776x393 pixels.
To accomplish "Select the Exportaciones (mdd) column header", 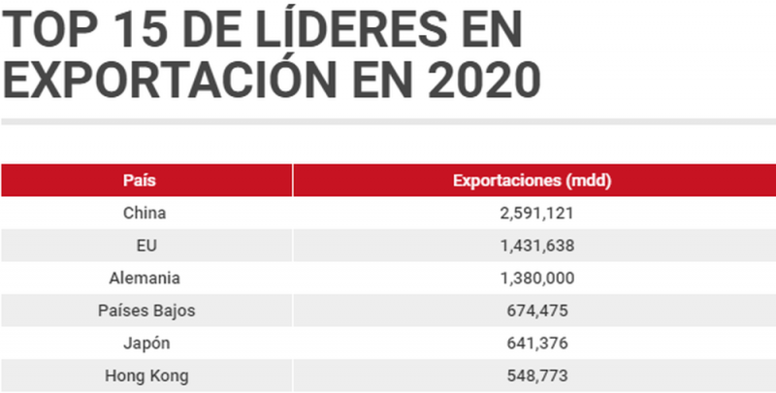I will click(x=533, y=180).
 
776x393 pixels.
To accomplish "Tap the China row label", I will click(x=145, y=213).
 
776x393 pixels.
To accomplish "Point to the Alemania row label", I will click(x=145, y=278).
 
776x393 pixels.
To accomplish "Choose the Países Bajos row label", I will click(x=145, y=311).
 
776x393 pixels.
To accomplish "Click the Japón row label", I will click(x=146, y=343).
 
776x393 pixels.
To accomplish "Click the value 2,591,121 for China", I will click(x=533, y=213).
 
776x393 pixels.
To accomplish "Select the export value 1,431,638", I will click(x=533, y=246).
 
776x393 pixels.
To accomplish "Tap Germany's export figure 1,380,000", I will click(x=533, y=278).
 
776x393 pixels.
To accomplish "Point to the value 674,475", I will click(x=533, y=311).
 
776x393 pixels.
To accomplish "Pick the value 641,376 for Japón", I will click(x=533, y=343).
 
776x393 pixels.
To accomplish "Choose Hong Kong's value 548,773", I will click(x=533, y=376).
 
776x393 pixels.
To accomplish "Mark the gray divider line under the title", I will click(x=388, y=122).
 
